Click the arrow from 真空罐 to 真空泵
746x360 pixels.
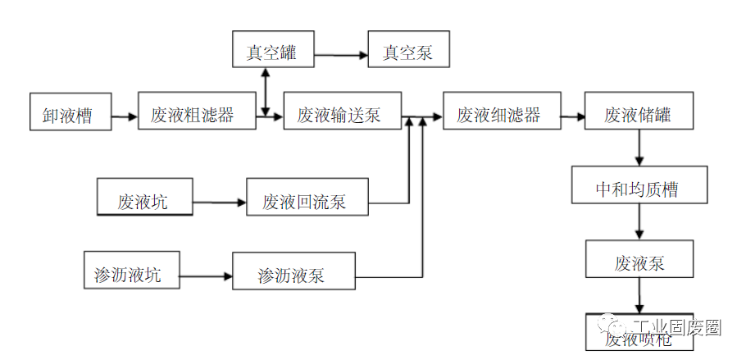click(x=340, y=56)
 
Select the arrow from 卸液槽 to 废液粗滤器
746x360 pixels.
click(x=125, y=117)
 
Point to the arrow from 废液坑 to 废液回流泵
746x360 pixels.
click(x=219, y=201)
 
